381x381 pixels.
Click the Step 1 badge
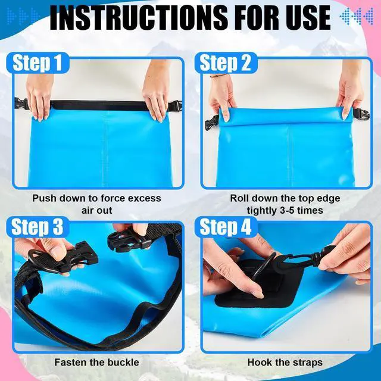pos(37,63)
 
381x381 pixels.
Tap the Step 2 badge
pos(226,63)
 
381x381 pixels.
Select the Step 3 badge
pos(37,227)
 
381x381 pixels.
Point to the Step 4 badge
pos(226,227)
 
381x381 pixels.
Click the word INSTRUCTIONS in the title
pos(139,17)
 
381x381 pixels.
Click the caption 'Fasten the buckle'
pos(96,363)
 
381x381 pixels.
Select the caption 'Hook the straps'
pos(285,363)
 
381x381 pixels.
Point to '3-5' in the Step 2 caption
pos(287,210)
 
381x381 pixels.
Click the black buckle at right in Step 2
pos(361,114)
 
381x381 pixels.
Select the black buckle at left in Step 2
pos(212,122)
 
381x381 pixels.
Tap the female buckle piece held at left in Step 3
pos(63,258)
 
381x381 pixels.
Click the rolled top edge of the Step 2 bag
pos(286,116)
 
